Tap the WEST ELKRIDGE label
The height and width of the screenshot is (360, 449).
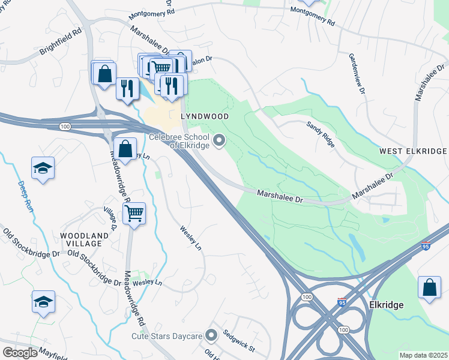coord(413,151)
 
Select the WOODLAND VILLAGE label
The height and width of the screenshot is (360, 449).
coord(84,240)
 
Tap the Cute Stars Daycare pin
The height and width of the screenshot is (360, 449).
coord(211,335)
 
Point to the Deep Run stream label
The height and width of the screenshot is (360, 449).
coord(25,197)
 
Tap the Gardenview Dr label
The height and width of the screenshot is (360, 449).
coord(356,68)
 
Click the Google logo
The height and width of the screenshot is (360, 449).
coord(20,353)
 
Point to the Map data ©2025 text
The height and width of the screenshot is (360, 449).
coord(423,355)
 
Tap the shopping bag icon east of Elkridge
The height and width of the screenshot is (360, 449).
coord(430,287)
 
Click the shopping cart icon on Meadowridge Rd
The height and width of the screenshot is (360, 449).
coord(134,212)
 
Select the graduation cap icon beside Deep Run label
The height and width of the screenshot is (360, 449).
coord(43,167)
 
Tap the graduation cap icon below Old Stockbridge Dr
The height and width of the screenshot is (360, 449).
coord(43,302)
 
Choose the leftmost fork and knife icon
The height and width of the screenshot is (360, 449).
coord(127,89)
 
